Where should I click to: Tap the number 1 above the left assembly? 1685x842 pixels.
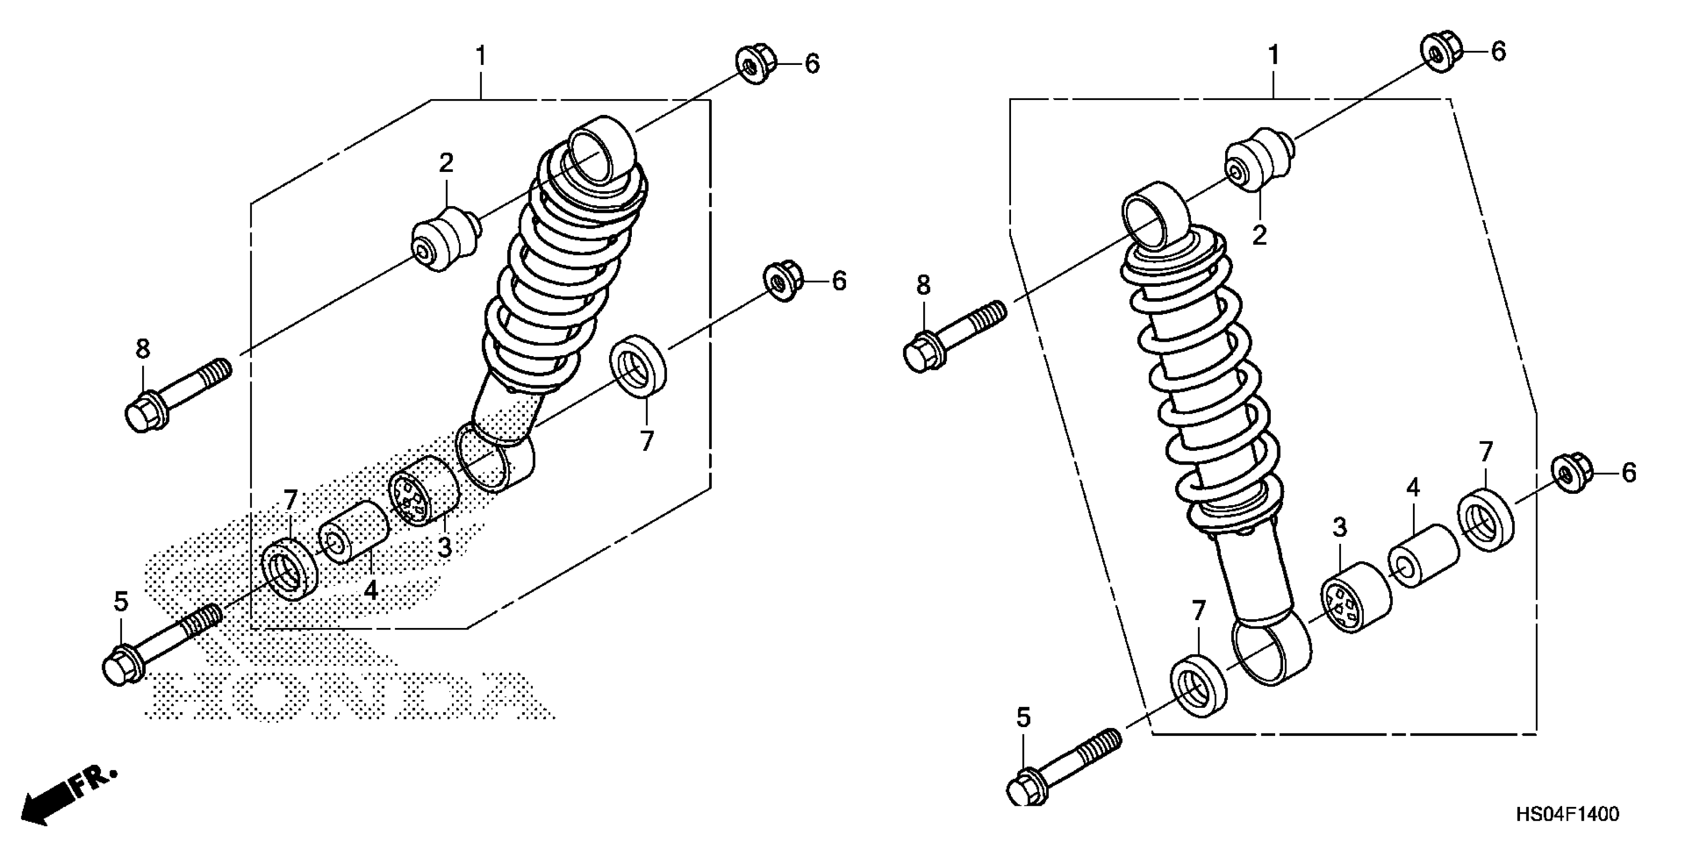481,57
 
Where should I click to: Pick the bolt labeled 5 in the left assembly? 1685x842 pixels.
157,644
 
